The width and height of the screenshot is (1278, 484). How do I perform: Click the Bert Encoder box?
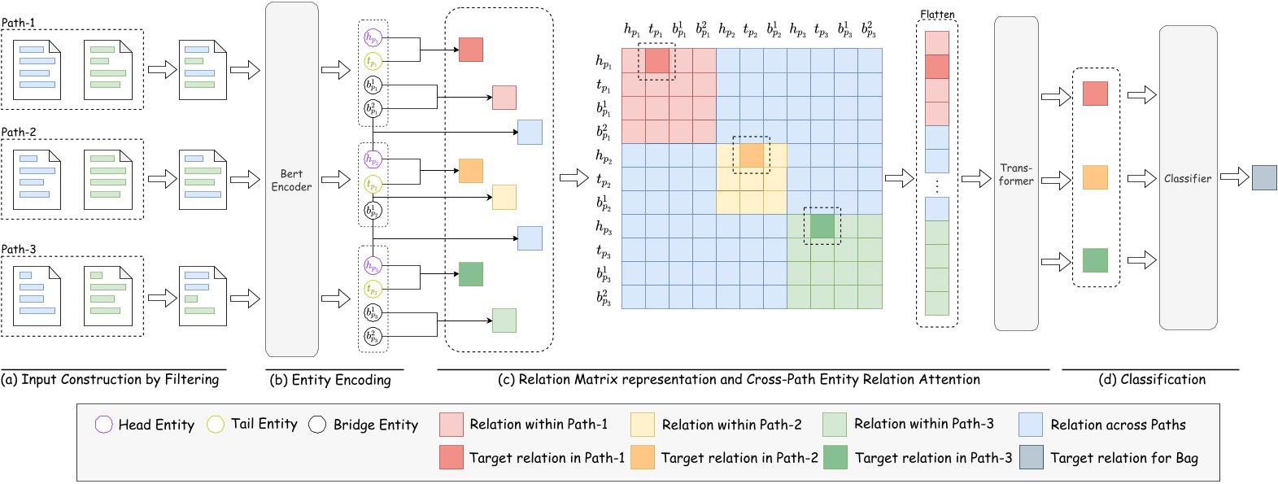coord(291,180)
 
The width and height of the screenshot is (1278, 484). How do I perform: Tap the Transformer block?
coord(1016,174)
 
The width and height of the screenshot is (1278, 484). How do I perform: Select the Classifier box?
coord(1188,178)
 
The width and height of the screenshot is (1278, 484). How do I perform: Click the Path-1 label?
coord(18,23)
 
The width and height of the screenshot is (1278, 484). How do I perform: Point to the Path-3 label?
coord(18,249)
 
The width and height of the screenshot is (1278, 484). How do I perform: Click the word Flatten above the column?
coord(937,15)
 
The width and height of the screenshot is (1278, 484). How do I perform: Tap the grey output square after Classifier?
coord(1263,177)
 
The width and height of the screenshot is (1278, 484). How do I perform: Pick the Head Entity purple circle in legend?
coord(103,425)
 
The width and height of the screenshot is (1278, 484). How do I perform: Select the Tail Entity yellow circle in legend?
coord(216,425)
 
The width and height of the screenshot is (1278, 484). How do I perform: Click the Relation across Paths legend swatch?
coord(1031,425)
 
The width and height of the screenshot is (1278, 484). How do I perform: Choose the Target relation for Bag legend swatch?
coord(1031,457)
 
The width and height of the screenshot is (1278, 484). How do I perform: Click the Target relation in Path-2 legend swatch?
coord(643,457)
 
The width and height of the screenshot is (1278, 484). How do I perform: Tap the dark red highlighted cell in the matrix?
coord(656,61)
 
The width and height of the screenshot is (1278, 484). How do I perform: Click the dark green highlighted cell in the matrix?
coord(822,226)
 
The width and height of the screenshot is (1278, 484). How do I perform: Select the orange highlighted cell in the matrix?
coord(751,155)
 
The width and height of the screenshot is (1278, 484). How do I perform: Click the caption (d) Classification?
coord(1152,379)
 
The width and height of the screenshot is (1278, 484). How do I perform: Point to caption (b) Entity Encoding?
coord(329,380)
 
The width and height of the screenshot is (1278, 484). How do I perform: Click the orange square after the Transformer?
coord(1095,177)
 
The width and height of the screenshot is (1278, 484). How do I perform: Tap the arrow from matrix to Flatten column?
coord(899,177)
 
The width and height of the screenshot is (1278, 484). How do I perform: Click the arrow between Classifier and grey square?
coord(1234,177)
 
